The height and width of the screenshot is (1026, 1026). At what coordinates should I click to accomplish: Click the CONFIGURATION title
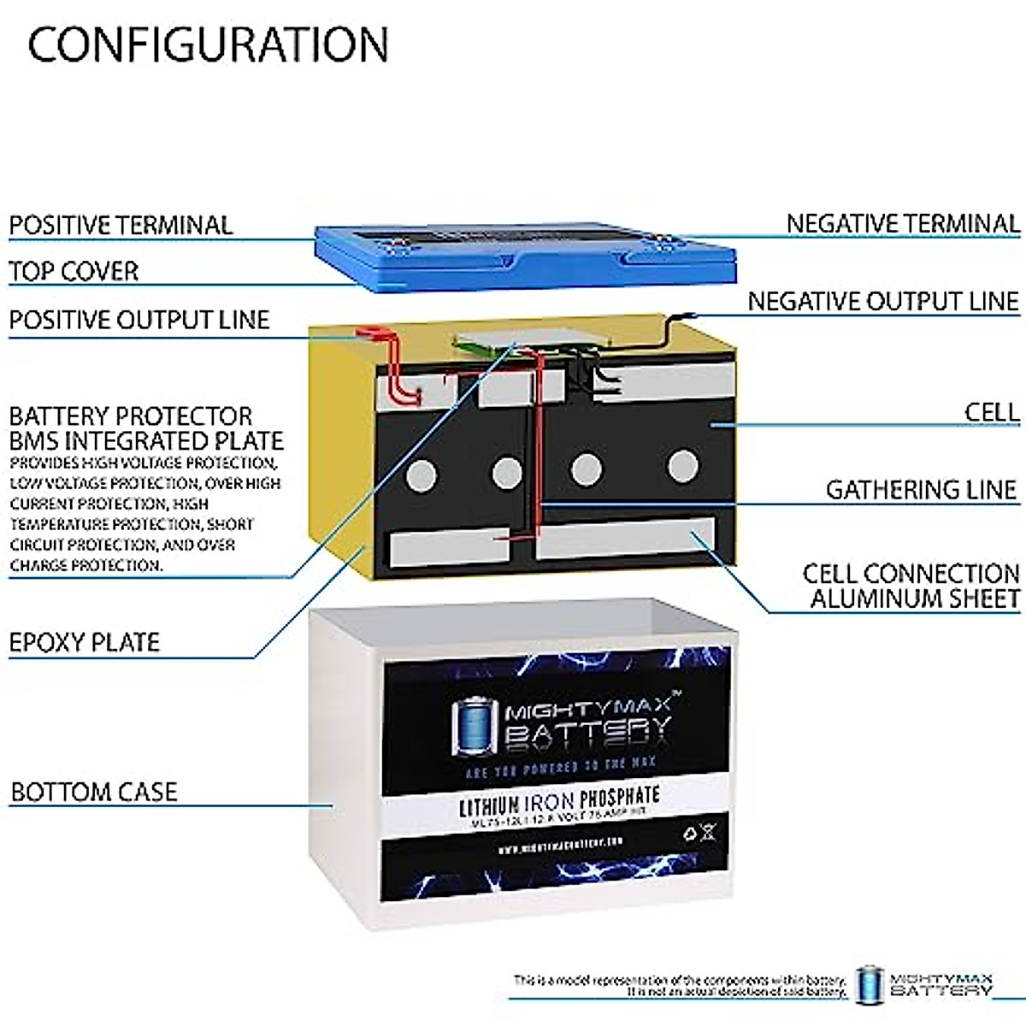click(x=208, y=44)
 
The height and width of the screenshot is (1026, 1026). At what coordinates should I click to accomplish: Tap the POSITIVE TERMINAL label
click(x=121, y=225)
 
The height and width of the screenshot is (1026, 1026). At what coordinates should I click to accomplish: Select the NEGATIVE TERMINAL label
click(x=903, y=224)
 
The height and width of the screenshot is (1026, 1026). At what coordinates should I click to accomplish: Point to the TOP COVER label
click(x=74, y=271)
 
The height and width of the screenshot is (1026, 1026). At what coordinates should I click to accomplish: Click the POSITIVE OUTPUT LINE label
click(x=139, y=320)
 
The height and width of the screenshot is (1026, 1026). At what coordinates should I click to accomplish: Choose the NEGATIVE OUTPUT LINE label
click(x=883, y=301)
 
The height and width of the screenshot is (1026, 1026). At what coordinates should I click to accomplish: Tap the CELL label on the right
click(x=992, y=412)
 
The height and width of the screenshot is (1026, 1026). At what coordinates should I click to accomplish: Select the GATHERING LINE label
click(x=921, y=489)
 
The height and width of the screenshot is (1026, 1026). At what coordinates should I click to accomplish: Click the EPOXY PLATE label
click(x=85, y=642)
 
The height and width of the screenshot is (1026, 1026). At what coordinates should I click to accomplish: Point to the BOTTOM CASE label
click(x=94, y=792)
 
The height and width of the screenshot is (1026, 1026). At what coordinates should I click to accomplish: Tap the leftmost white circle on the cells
click(x=421, y=475)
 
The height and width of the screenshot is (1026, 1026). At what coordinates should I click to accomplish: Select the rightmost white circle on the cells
click(x=682, y=467)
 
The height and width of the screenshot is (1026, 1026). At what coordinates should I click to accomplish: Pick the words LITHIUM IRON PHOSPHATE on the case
click(x=559, y=801)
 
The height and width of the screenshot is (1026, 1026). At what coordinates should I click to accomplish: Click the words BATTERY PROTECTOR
click(x=131, y=416)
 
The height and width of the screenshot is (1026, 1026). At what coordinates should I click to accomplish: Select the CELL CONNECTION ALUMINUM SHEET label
click(x=911, y=586)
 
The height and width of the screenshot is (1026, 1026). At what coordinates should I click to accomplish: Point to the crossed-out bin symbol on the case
click(x=708, y=832)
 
